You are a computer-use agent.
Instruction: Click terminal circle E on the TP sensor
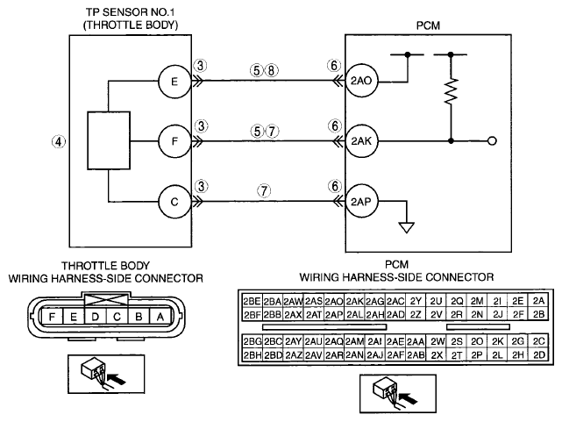tap(174, 82)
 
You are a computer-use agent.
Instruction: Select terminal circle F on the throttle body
tap(174, 141)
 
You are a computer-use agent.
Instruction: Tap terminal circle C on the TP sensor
tap(174, 202)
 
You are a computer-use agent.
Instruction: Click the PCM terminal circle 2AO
tap(361, 81)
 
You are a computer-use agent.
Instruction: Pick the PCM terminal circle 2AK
tap(361, 141)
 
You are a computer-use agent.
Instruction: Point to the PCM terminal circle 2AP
tap(361, 202)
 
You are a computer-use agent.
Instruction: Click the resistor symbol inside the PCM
tap(451, 91)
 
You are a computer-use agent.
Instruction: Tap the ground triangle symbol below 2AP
tap(407, 228)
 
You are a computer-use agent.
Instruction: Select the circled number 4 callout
tap(59, 141)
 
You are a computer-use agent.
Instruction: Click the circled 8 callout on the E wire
tap(271, 71)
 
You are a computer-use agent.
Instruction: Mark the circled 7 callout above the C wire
tap(264, 190)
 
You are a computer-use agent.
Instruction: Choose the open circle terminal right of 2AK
tap(493, 141)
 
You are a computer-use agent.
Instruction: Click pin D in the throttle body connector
tap(95, 317)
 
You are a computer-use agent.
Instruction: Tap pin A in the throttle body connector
tap(160, 317)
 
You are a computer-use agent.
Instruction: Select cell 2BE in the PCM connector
tap(252, 301)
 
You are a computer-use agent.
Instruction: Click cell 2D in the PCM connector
tap(538, 354)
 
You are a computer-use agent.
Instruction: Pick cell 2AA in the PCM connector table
tap(416, 341)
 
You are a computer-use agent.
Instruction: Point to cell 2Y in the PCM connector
tap(416, 301)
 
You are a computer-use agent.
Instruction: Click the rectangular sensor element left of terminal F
tap(109, 140)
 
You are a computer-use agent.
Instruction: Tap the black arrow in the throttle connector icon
tap(117, 378)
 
